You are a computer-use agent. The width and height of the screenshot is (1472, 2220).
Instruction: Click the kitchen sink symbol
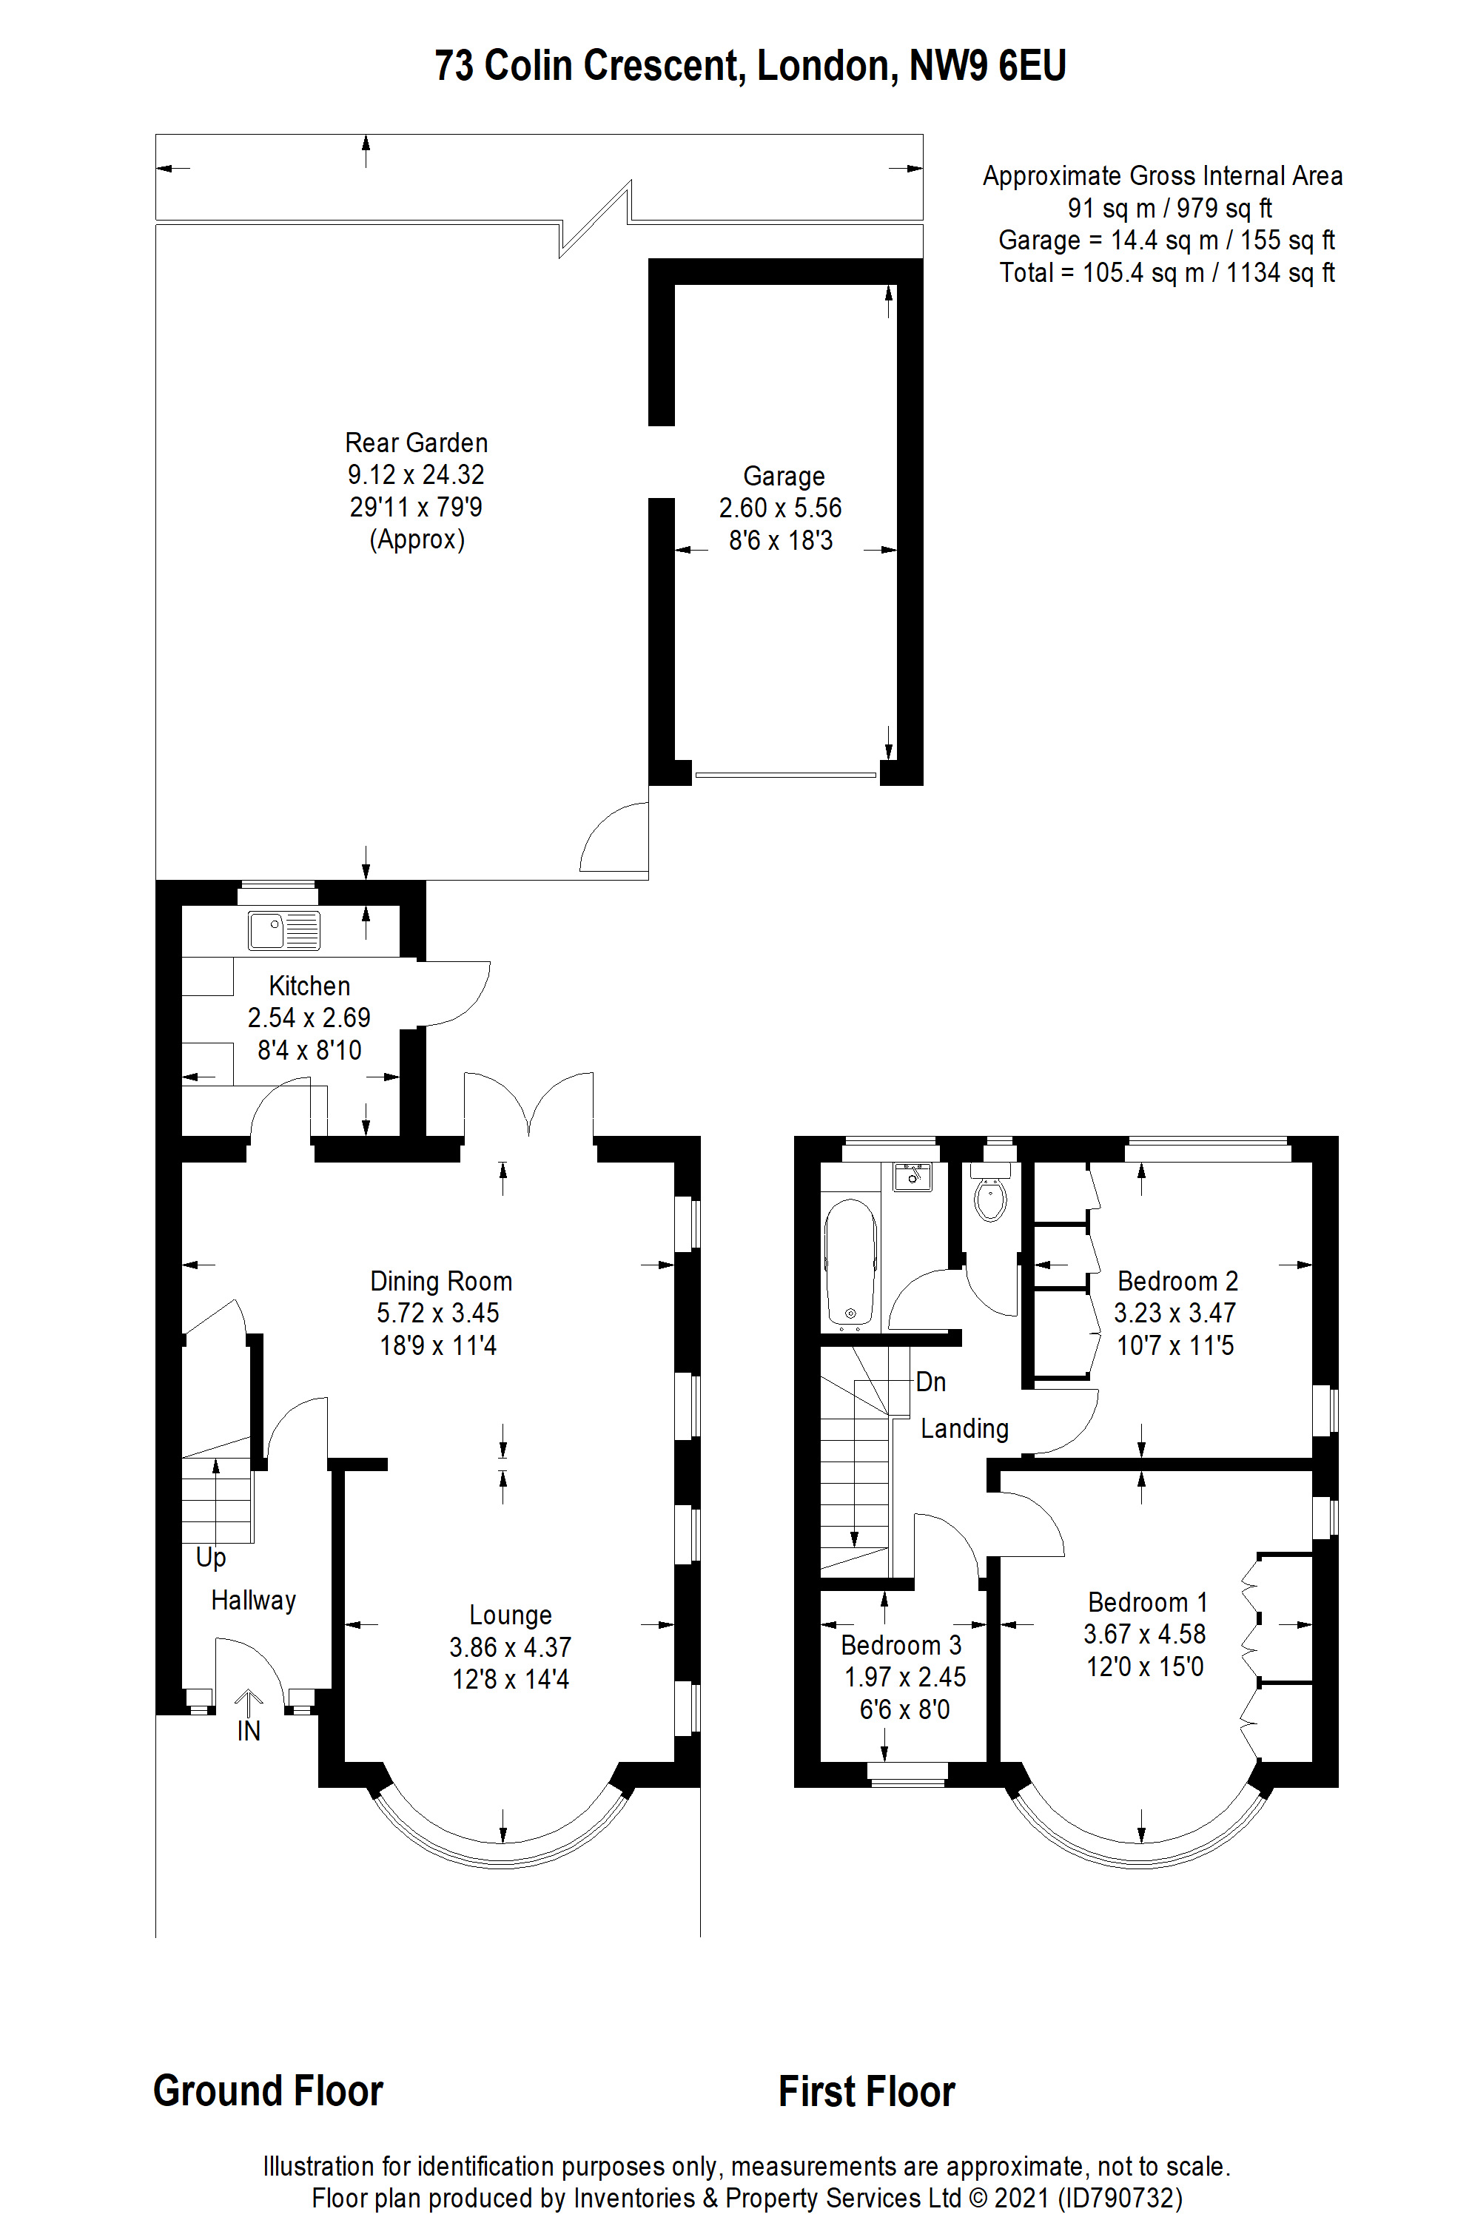point(283,930)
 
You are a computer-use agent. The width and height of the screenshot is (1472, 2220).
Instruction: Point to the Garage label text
point(783,477)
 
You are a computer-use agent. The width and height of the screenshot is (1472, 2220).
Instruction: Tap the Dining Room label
point(441,1282)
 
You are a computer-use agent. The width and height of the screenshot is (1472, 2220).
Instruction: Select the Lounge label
point(510,1615)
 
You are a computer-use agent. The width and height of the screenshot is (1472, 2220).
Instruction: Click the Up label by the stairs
point(210,1558)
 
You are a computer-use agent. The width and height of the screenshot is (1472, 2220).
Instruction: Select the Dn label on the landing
point(930,1382)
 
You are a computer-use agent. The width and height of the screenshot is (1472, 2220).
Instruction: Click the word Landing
point(964,1429)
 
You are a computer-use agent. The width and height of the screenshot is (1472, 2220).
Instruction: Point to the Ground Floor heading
point(269,2091)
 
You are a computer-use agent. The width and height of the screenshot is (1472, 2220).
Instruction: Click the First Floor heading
point(867,2091)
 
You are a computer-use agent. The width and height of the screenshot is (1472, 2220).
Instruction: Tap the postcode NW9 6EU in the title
point(987,66)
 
